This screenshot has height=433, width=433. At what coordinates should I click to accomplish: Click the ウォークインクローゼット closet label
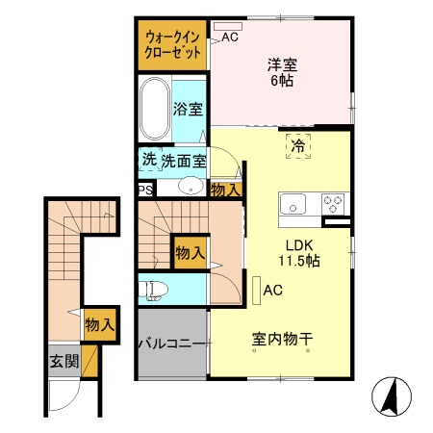click(x=173, y=45)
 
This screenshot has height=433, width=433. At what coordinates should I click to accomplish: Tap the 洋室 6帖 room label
click(x=282, y=73)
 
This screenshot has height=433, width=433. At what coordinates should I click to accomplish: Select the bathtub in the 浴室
click(x=153, y=109)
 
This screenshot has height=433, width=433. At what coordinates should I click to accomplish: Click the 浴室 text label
click(x=188, y=109)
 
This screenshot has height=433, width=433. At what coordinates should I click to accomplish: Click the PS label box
click(x=144, y=190)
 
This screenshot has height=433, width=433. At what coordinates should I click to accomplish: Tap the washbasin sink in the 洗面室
click(x=191, y=188)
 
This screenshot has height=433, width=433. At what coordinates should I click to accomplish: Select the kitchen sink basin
click(x=293, y=204)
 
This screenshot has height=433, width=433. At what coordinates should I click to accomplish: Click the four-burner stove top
click(x=334, y=204)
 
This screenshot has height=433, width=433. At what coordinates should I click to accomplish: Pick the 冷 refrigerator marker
click(x=297, y=147)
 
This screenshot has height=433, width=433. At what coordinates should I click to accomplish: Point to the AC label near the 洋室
click(x=230, y=38)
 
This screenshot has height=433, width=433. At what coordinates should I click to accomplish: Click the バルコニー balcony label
click(x=171, y=344)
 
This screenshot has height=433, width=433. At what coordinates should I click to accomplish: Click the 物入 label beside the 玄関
click(x=99, y=324)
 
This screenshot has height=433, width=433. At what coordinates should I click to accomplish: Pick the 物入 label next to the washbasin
click(x=225, y=190)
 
